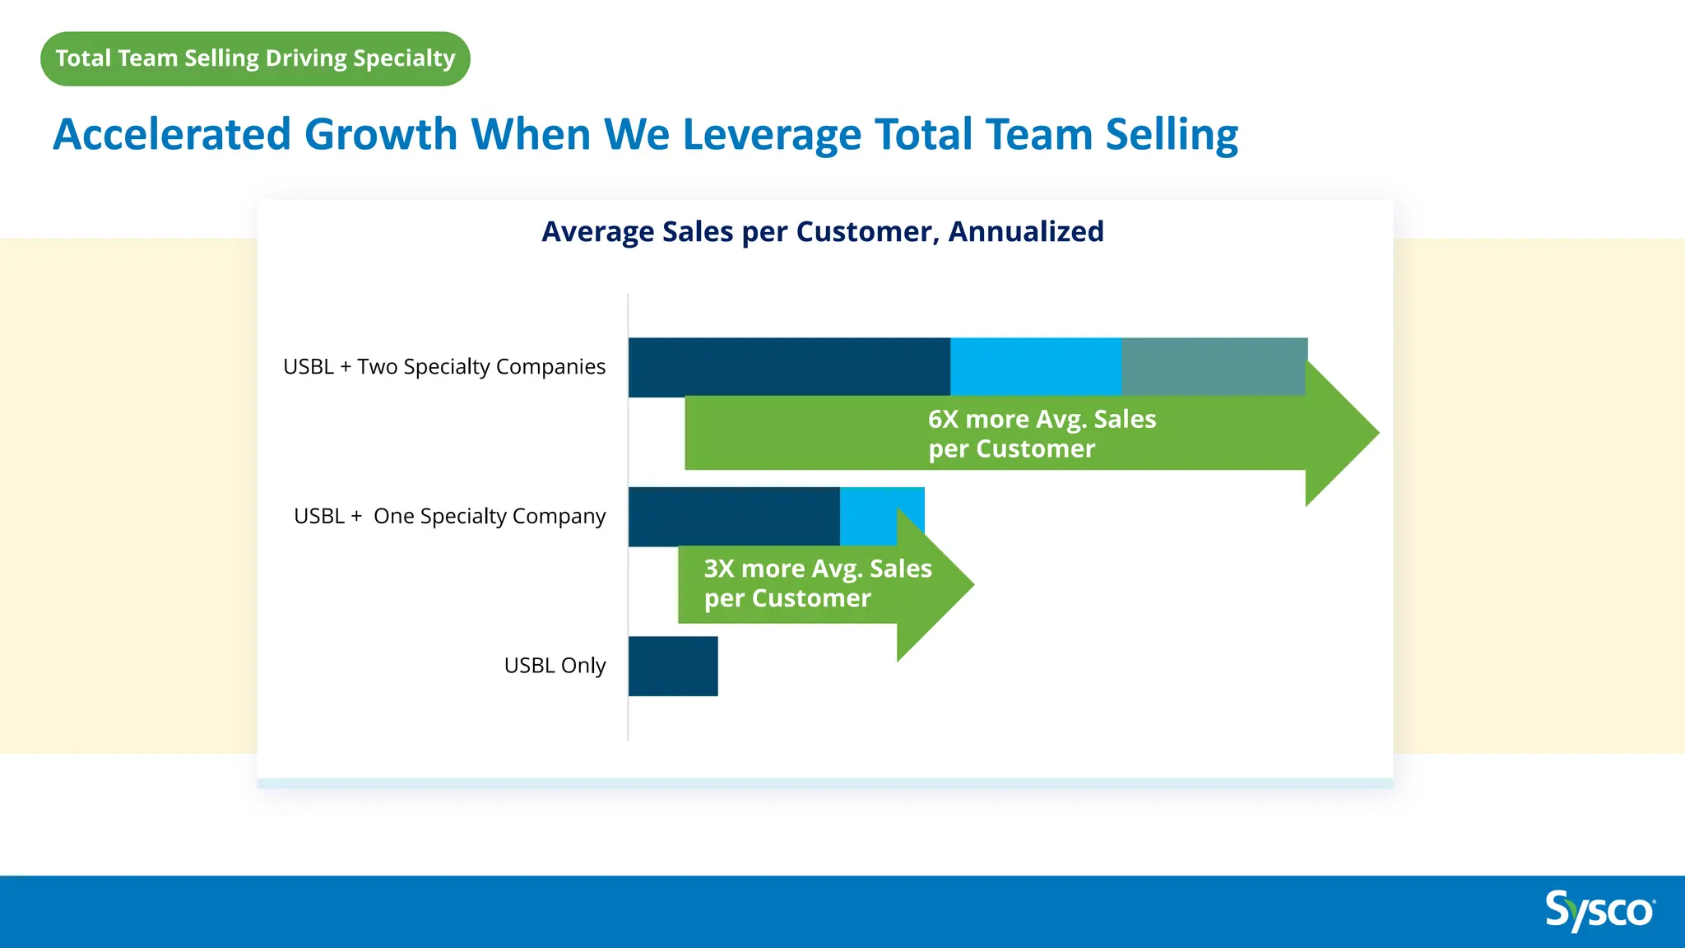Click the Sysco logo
pos(1599,911)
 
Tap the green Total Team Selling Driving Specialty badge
pos(255,58)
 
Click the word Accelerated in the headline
pos(172,134)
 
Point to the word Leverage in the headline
pos(771,134)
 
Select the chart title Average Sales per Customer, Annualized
pos(822,232)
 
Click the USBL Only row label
pos(555,665)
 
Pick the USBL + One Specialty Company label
pos(449,516)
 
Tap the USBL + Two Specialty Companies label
pos(443,366)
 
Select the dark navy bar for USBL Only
pos(673,666)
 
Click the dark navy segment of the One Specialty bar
pos(733,516)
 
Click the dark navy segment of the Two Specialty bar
pos(788,366)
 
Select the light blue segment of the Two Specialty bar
pos(1035,366)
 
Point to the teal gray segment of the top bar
pos(1214,366)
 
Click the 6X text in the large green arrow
pos(944,419)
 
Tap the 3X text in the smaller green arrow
pos(719,569)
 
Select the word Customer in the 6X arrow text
pos(1035,449)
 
